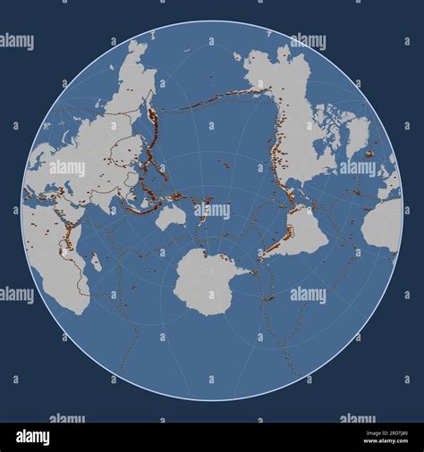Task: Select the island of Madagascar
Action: pyautogui.click(x=95, y=262)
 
